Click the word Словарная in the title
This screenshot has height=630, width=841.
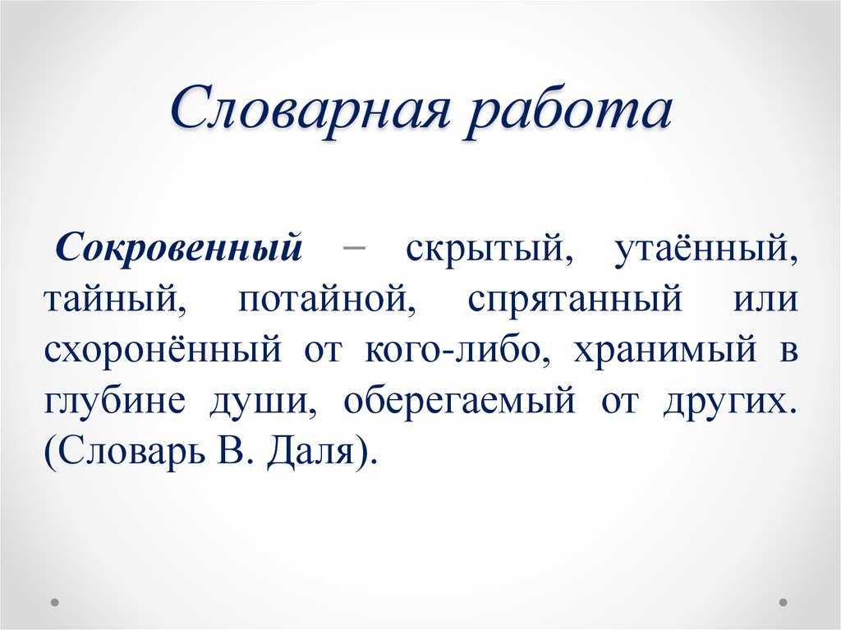(310, 111)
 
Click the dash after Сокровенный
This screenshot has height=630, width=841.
(353, 248)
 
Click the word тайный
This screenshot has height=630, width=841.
(116, 298)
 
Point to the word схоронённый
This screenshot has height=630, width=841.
(163, 350)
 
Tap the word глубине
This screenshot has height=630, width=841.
(114, 400)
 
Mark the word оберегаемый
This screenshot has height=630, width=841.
(459, 400)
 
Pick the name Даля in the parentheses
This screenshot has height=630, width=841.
(311, 451)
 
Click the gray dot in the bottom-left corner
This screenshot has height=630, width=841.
(54, 602)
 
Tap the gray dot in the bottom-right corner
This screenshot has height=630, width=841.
(783, 602)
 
